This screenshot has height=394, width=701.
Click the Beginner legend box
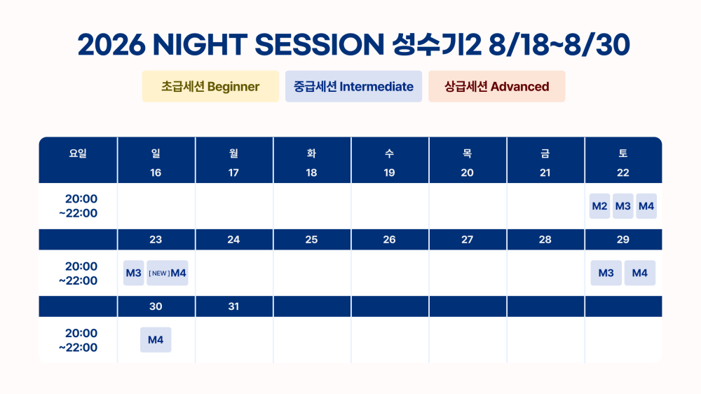pos(210,86)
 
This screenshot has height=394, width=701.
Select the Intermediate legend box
pos(353,86)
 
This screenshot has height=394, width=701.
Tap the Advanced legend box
pos(497,86)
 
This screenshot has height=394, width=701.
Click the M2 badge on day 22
pos(599,206)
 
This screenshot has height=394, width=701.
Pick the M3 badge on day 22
pos(622,206)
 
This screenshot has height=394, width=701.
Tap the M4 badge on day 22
pos(646,206)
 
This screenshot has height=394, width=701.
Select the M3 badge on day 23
pos(134,273)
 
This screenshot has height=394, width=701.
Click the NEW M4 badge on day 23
pos(168,273)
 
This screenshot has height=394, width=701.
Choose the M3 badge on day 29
pos(606,273)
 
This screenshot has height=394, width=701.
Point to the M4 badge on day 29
pos(640,273)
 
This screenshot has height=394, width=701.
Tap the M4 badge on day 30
pos(156,340)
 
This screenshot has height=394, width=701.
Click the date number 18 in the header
pos(312,172)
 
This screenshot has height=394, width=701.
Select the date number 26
pos(389,240)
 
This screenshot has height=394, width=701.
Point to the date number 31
pos(233,306)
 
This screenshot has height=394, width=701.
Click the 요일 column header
pos(78,154)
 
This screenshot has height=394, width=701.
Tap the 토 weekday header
pos(622,154)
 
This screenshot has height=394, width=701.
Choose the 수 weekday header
pos(389,154)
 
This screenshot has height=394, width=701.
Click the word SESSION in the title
pos(319,45)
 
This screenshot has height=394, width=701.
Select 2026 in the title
pos(111,45)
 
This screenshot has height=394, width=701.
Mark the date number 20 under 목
pos(467,172)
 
